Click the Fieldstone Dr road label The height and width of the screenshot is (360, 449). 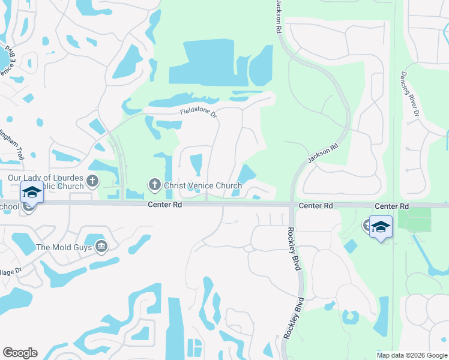click(198, 112)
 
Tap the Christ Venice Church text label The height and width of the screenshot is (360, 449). click(203, 185)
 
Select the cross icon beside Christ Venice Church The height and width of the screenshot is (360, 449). click(154, 185)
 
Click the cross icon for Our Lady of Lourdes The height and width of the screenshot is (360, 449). click(92, 181)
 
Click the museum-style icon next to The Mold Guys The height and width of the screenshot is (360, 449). click(101, 247)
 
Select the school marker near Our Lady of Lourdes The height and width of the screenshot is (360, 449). click(32, 194)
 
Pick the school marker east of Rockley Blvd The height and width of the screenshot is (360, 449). click(381, 228)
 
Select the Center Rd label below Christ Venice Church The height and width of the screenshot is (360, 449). click(164, 205)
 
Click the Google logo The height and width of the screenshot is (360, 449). click(20, 353)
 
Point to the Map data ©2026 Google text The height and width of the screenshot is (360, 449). click(411, 355)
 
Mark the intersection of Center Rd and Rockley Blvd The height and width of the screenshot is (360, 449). click(292, 205)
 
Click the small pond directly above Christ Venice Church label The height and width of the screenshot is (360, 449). click(196, 163)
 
